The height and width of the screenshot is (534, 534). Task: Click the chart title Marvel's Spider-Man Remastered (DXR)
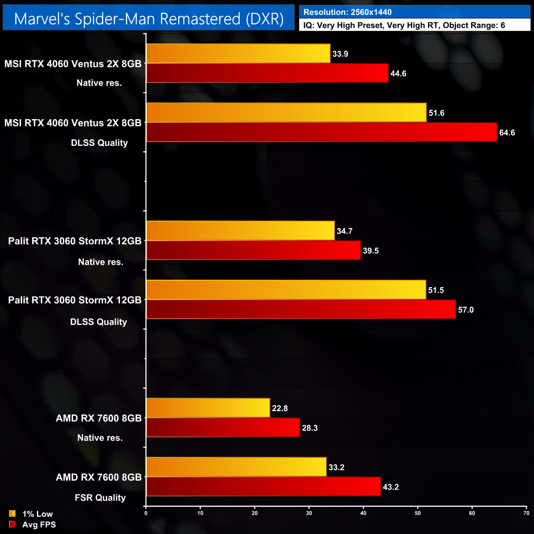pos(149,19)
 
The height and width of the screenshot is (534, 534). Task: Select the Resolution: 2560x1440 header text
pos(348,12)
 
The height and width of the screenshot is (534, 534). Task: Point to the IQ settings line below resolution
pos(404,25)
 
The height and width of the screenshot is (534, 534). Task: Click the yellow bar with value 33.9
pos(238,53)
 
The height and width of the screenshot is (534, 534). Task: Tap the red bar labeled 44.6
pos(267,73)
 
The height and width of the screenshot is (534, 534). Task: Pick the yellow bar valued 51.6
pos(286,113)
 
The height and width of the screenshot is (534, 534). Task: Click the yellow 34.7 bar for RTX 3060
pos(240,231)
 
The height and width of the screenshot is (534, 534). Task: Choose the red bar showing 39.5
pos(253,251)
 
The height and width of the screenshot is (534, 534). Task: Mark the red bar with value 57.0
pos(301,309)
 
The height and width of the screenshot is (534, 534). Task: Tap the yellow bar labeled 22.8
pos(208,408)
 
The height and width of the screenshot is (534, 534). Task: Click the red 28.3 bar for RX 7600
pos(223,428)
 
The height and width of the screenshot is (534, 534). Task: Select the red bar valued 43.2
pos(263,487)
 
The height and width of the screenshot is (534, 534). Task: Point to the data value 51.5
pos(436,290)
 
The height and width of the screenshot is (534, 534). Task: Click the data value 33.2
pos(336,467)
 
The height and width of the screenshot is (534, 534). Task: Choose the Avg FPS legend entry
pos(32,525)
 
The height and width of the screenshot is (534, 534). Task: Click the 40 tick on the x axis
pos(363,513)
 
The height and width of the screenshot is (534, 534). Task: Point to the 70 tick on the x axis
pos(526,513)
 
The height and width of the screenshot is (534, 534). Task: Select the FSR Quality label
pos(100,498)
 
